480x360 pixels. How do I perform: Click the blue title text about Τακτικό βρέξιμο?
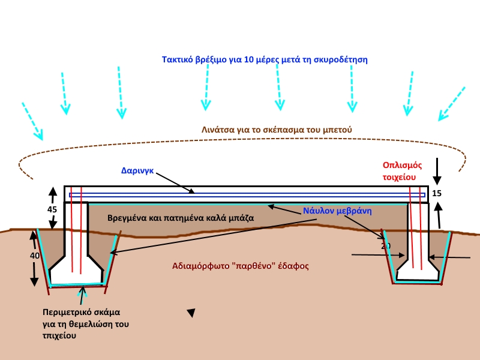(x=265, y=59)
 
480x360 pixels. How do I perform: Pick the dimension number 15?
(x=436, y=193)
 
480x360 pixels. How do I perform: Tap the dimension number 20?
(x=386, y=246)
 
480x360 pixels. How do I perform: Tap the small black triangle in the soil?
(x=191, y=313)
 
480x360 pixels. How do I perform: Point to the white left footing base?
(x=77, y=275)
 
